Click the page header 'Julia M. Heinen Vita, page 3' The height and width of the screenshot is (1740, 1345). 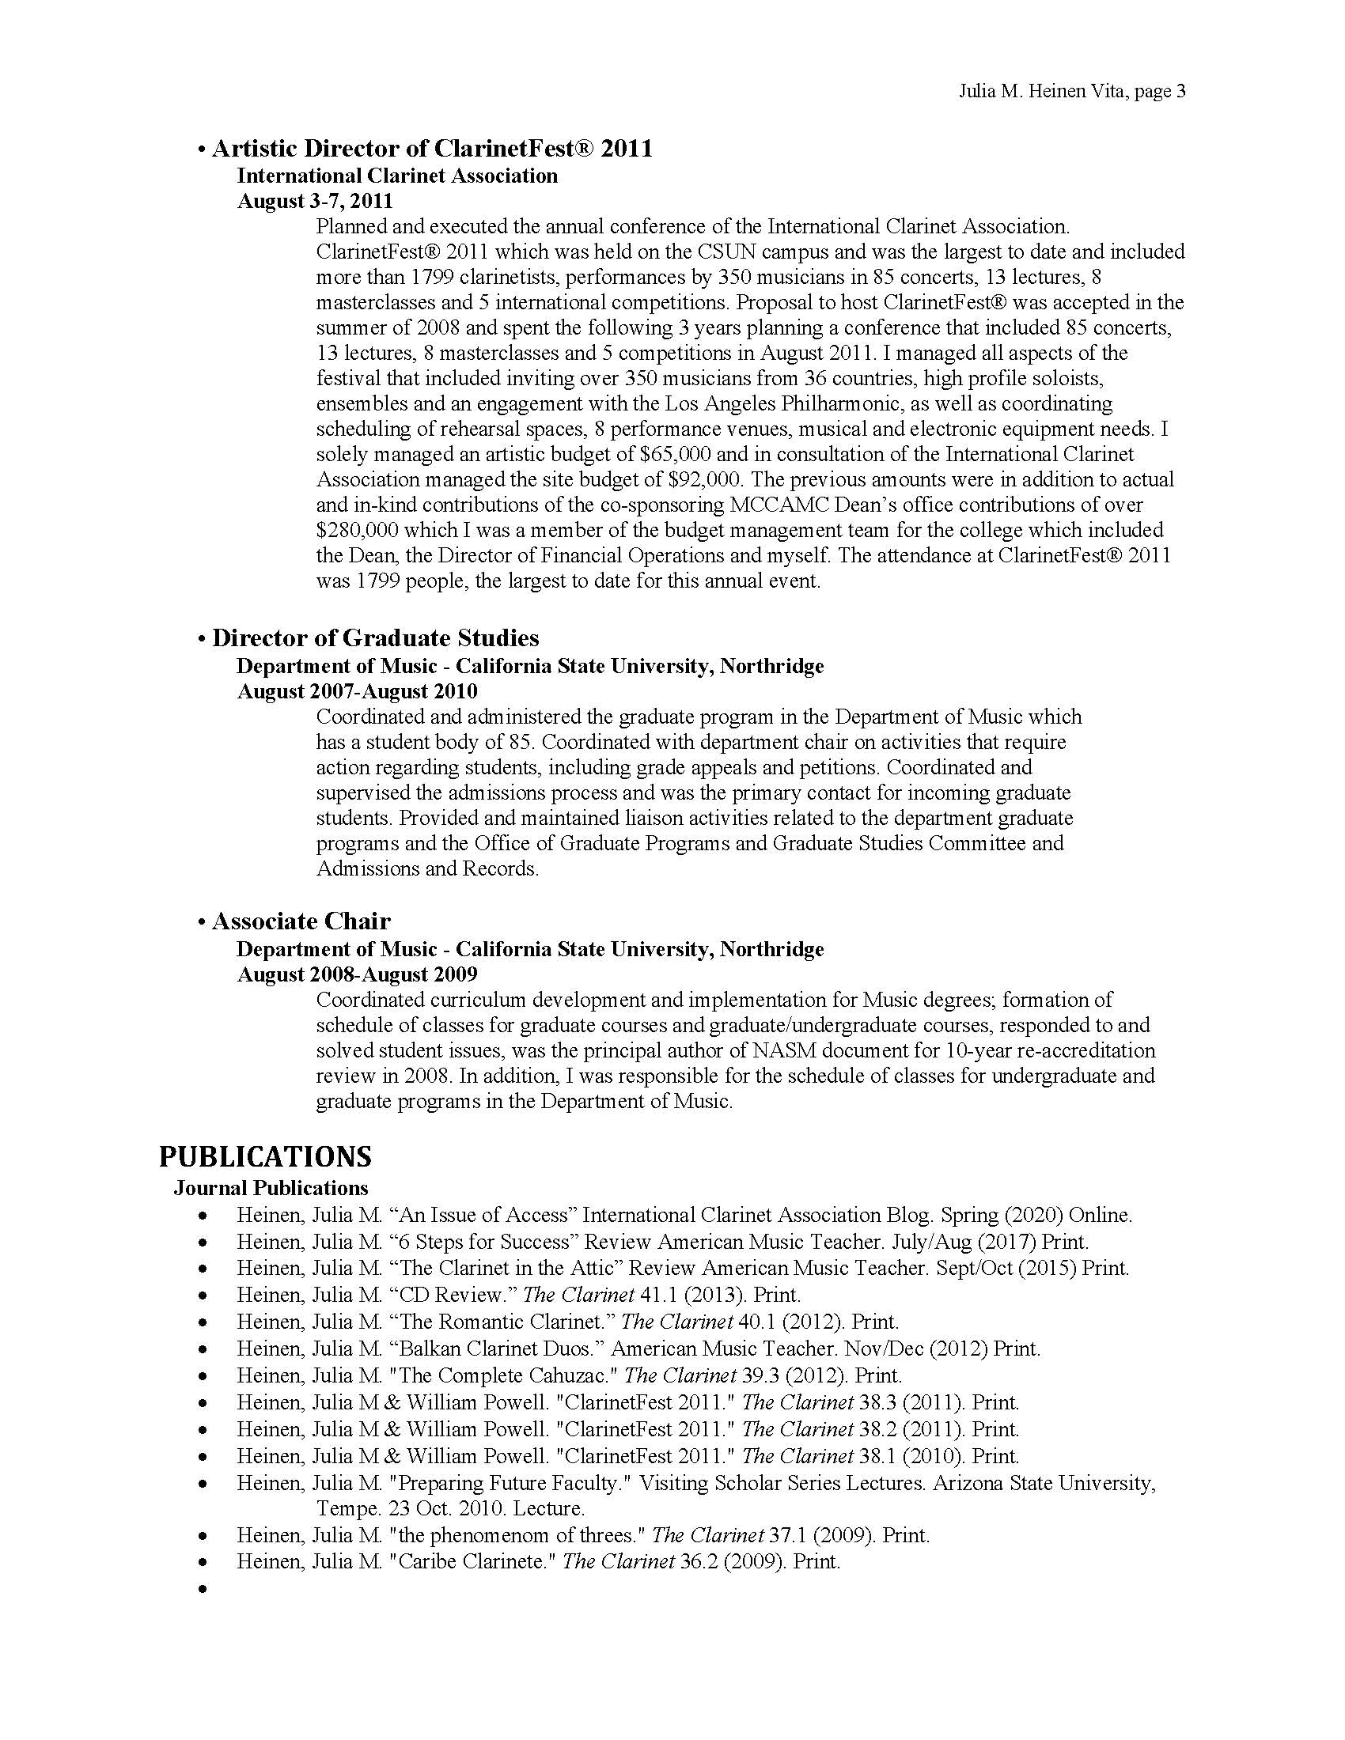click(1072, 92)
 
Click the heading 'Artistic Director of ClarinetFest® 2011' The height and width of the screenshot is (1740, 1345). click(432, 148)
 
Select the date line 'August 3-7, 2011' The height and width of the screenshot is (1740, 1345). click(315, 201)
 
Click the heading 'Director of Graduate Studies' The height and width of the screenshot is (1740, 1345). click(375, 637)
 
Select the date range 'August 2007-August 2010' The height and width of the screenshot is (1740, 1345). click(357, 690)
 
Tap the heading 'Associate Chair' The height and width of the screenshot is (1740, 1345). click(301, 921)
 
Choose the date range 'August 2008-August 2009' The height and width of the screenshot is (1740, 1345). click(357, 974)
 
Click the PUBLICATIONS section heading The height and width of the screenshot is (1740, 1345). click(265, 1156)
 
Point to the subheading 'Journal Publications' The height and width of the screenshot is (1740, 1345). click(271, 1188)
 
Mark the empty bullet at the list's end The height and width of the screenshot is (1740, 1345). click(204, 1589)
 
